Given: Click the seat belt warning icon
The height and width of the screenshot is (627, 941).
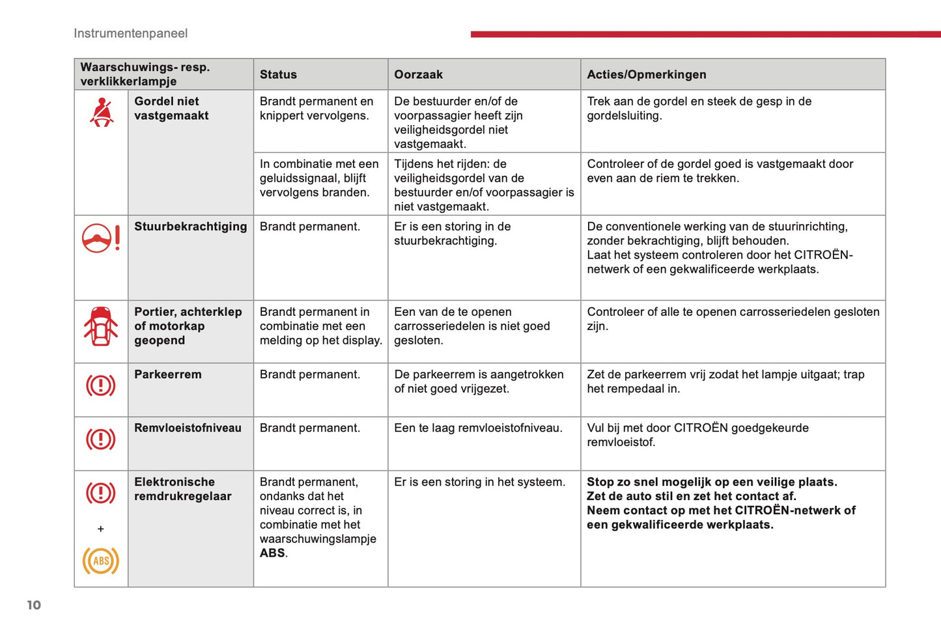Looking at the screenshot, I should tap(102, 112).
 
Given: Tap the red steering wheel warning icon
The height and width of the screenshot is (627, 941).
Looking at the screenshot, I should tap(101, 238).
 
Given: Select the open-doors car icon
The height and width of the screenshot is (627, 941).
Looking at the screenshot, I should tap(101, 326).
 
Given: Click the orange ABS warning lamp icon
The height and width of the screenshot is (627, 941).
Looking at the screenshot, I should tap(101, 561).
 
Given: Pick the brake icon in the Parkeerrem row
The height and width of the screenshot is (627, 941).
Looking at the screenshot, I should tap(101, 385).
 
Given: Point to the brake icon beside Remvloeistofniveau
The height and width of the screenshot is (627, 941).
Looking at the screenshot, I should tap(101, 439).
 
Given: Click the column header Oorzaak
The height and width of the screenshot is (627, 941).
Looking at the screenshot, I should tap(418, 75).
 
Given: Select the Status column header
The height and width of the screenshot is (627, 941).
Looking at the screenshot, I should tap(278, 75).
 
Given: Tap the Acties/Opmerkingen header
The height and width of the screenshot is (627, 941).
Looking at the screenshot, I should tap(646, 75).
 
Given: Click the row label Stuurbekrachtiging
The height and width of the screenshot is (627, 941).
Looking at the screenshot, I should tap(190, 227).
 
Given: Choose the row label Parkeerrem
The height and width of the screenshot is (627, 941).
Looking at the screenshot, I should tap(167, 374).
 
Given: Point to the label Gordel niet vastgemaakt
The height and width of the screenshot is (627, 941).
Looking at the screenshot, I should tap(171, 108).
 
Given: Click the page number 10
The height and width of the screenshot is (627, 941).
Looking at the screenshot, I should tap(34, 605).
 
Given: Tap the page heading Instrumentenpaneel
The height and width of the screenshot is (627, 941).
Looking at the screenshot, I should tap(130, 33).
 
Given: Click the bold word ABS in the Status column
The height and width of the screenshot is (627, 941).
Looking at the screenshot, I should tap(272, 553).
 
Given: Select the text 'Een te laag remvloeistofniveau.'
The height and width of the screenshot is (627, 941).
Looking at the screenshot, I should tap(478, 428).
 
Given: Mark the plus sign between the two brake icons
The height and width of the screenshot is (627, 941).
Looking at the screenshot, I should tap(101, 529).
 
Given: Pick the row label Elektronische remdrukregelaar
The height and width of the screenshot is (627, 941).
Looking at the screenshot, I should tap(182, 489).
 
